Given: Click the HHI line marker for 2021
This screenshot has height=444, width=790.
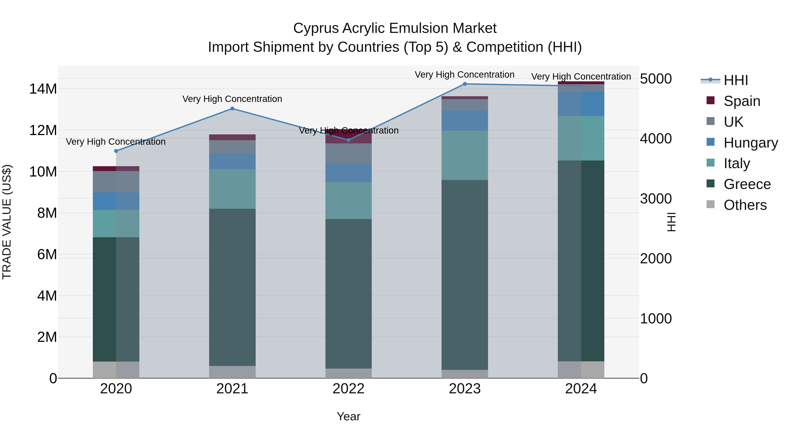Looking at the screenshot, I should click(x=232, y=109).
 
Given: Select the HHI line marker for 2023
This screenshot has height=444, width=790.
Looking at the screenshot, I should click(x=465, y=84).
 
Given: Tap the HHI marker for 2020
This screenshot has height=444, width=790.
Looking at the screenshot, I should click(x=116, y=151).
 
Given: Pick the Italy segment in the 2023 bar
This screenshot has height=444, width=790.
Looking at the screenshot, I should click(x=465, y=155).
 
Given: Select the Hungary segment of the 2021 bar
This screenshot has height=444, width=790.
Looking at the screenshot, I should click(x=232, y=161).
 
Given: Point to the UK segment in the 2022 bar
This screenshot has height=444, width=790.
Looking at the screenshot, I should click(x=348, y=153).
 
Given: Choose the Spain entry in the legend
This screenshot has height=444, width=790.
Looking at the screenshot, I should click(x=742, y=101).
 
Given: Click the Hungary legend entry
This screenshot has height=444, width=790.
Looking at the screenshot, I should click(x=750, y=143).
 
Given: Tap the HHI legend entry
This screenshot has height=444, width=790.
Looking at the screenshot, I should click(x=735, y=80).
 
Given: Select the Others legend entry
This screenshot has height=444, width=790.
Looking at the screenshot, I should click(x=745, y=205).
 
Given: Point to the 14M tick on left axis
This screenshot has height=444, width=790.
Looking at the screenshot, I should click(x=43, y=89).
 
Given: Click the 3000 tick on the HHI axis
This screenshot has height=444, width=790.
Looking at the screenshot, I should click(x=656, y=199).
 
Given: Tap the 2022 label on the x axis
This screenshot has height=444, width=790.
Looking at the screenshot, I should click(x=348, y=389).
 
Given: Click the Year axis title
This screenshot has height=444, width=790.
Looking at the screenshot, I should click(x=348, y=416).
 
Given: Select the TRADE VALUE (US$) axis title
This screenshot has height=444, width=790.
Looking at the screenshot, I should click(x=7, y=222).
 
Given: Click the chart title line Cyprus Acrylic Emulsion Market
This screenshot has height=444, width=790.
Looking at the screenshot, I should click(x=395, y=28).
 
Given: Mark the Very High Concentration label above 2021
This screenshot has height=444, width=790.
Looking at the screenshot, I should click(x=232, y=99).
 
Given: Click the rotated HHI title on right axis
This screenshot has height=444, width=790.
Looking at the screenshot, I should click(x=671, y=222).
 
